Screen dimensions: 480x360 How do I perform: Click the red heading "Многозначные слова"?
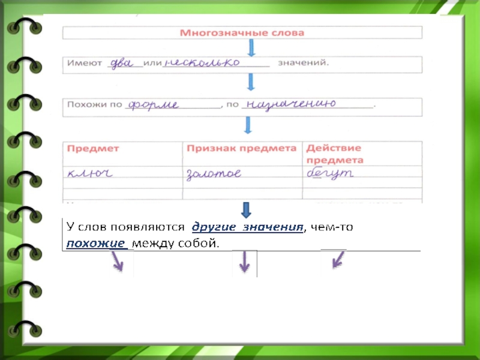point(242,32)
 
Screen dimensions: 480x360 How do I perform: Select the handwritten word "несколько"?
point(202,62)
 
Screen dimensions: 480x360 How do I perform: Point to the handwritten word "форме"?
point(154,104)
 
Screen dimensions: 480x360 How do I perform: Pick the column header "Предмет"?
point(93,148)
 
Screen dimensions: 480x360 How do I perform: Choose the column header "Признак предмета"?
point(242,148)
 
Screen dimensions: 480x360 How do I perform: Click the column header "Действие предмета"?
point(334,154)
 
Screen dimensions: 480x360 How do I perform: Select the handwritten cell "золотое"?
point(214,175)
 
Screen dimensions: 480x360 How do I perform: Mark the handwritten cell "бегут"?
point(330,174)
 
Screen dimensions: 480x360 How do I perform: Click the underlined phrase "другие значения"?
point(247,227)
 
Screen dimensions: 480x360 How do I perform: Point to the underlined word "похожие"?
point(97,243)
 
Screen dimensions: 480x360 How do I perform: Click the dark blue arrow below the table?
point(246,209)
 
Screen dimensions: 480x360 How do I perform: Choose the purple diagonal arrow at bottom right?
point(339,259)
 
